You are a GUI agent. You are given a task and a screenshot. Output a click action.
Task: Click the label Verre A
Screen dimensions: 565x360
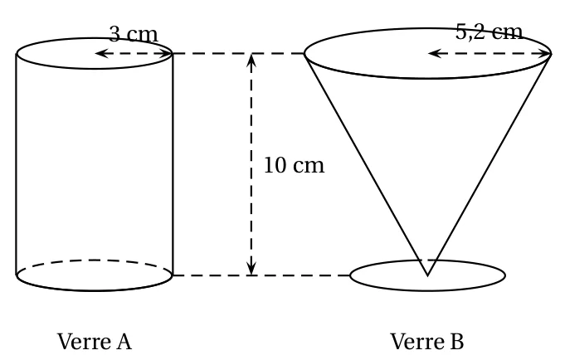point(95,341)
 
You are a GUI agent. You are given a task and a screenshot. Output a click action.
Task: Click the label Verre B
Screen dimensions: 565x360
point(427,341)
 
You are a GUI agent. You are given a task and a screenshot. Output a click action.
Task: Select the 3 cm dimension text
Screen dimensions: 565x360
point(134,34)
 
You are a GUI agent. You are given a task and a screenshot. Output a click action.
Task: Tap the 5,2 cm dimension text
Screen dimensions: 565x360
point(489,32)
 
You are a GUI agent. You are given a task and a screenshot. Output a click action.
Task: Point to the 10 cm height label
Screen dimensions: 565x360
point(294,165)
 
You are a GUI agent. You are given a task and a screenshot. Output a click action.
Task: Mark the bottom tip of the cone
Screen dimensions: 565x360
point(427,275)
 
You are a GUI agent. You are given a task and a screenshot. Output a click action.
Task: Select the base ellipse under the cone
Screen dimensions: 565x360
point(427,290)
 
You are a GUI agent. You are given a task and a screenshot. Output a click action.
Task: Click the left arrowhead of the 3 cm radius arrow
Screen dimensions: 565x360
point(99,53)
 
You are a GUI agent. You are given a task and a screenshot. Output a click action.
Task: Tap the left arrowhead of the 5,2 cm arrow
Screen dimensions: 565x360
point(432,53)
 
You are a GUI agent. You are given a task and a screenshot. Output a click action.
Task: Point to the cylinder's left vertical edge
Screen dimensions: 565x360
point(17,164)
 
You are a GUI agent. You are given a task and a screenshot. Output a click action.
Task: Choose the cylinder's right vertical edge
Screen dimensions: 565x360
point(173,164)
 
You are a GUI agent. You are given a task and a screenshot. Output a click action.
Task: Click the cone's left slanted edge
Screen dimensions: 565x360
point(366,164)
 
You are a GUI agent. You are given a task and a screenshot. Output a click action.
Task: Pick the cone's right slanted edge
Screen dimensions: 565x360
point(490,164)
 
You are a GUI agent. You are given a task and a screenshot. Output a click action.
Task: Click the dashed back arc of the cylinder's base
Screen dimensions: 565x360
point(95,260)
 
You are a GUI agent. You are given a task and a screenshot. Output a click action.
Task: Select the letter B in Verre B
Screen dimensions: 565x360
point(456,341)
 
